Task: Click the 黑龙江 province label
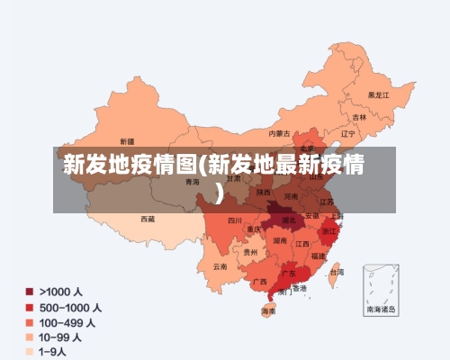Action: point(378,94)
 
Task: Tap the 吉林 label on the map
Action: point(359,117)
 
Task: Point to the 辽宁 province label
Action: point(348,134)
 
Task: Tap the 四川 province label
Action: point(235,220)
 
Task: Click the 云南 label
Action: point(220,266)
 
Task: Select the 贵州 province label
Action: point(250,253)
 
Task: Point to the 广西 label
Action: point(259,281)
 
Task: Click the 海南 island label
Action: point(268,310)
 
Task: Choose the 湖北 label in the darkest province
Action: point(289,220)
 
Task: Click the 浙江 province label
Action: point(329,230)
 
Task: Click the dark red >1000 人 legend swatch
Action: point(30,292)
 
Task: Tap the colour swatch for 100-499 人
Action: point(30,322)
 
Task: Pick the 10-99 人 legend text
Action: point(60,337)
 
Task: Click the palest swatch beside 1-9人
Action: point(30,352)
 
